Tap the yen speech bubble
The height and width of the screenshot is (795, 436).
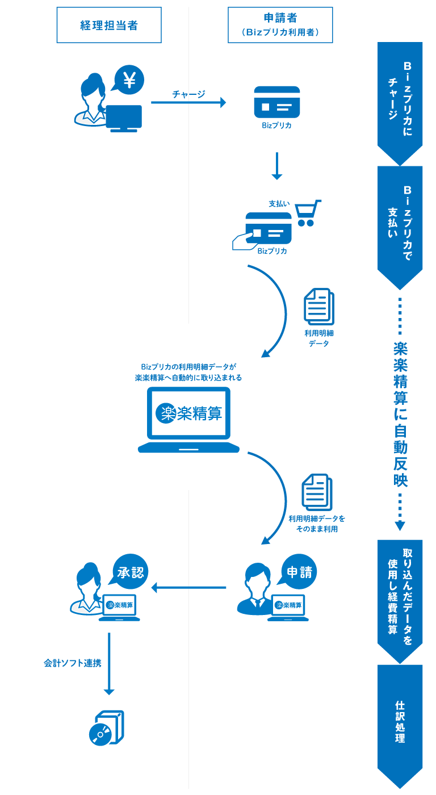click(129, 80)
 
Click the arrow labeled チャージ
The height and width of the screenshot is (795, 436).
click(188, 102)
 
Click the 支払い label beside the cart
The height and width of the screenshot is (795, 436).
click(279, 203)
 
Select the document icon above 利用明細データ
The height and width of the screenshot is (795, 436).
click(318, 307)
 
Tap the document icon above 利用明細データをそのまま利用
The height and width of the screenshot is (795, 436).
click(317, 492)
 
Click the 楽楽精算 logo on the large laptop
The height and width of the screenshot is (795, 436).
click(188, 413)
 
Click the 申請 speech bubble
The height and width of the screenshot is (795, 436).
click(298, 572)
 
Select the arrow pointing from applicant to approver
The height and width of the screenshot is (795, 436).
click(188, 587)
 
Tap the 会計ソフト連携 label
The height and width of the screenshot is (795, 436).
click(72, 663)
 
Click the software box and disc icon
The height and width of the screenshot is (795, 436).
click(107, 728)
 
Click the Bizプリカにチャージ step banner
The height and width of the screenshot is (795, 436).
click(400, 99)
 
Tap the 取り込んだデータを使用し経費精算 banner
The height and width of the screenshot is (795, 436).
click(400, 596)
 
